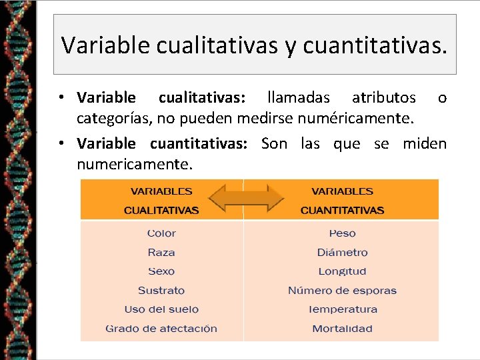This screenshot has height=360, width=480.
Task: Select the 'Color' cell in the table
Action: coord(161,233)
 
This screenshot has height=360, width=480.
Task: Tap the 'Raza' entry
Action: coord(161,253)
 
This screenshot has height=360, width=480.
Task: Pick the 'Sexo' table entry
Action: coord(161,271)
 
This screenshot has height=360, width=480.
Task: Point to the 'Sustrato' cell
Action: coord(161,291)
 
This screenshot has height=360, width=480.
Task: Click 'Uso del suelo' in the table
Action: coord(161,309)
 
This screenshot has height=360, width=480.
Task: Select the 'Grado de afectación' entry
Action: coord(161,329)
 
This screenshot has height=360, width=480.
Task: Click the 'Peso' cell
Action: coord(342,233)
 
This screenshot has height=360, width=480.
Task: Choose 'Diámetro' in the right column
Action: coord(342,253)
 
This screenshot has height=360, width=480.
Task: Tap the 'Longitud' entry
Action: coord(342,271)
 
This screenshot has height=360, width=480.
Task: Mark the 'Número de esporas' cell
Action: coord(342,291)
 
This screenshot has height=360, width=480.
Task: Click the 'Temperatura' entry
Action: coord(342,309)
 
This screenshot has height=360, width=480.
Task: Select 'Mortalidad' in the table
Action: coord(342,329)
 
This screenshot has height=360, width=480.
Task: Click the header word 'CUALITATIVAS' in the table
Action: coord(161,211)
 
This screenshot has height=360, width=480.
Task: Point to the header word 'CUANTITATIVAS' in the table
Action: coord(342,211)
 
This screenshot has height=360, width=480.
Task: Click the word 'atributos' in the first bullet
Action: coord(383,99)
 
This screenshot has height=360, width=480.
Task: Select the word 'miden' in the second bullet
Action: coord(425,143)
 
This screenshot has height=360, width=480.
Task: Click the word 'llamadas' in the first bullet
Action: coord(298,99)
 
